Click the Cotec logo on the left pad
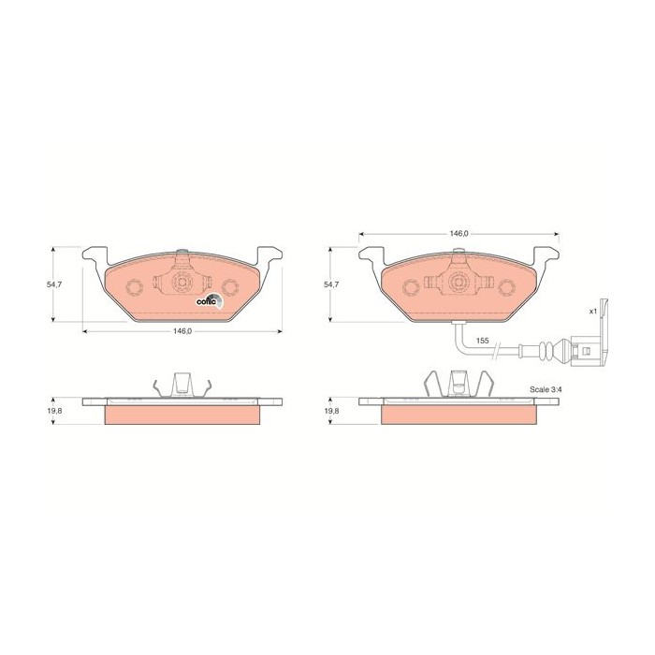coord(207,299)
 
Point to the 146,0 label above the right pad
coord(458,233)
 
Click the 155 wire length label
coord(483,341)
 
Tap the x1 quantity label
coord(592,310)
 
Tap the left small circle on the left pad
coord(135,285)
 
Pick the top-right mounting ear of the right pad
coord(546,255)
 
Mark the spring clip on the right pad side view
coord(458,383)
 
